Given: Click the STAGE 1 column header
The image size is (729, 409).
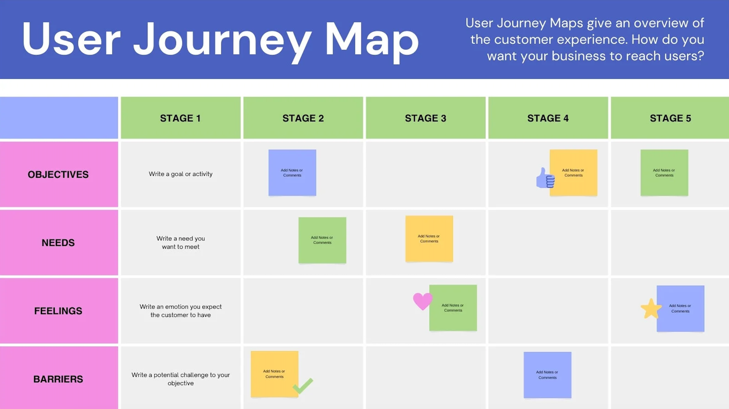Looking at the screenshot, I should (x=180, y=118).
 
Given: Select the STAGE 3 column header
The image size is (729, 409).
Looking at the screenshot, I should (x=425, y=118).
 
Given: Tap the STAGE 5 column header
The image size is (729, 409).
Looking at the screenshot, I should (x=670, y=118).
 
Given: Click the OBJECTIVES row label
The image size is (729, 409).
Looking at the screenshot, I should (x=58, y=175).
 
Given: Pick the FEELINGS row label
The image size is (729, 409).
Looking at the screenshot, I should (x=58, y=311).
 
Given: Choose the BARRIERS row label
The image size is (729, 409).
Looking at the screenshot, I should (x=58, y=379).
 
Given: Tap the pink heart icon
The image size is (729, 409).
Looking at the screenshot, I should (x=422, y=301).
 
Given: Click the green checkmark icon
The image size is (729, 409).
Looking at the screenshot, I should (x=303, y=386).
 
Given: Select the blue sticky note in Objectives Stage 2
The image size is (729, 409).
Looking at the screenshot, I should (x=292, y=172).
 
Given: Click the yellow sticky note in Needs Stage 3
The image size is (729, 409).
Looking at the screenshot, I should (x=429, y=239).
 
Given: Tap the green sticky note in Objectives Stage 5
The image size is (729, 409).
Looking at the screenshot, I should (x=664, y=172).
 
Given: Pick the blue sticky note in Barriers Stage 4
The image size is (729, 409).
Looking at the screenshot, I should (x=547, y=375).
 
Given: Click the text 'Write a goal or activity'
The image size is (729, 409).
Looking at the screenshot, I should (x=180, y=174).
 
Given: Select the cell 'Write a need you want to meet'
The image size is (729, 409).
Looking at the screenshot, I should (x=180, y=242).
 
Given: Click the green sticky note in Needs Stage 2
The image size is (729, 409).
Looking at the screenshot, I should (x=322, y=240).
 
